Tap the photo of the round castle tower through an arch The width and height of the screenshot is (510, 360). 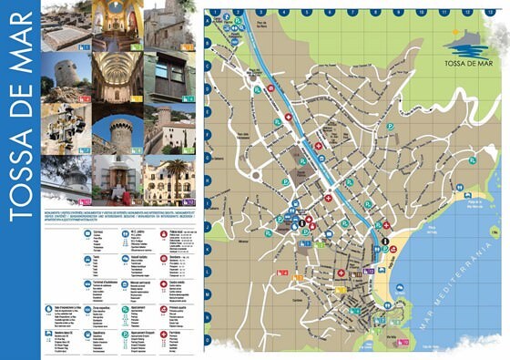coord(117,128)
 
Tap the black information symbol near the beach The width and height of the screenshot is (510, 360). coord(385,241)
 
